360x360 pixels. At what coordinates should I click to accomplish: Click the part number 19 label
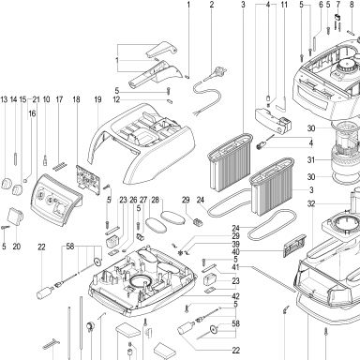[x=97, y=99]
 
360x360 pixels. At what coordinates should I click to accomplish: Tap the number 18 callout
[x=76, y=99]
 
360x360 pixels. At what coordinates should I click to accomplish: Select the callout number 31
[x=311, y=160]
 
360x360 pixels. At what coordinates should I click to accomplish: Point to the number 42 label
[x=235, y=296]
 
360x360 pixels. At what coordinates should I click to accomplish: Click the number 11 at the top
[x=284, y=5]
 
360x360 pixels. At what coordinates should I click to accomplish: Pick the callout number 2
[x=212, y=5]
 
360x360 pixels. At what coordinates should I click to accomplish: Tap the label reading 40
[x=235, y=252]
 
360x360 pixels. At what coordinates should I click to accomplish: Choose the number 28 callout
[x=156, y=200]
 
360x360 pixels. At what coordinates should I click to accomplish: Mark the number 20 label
[x=17, y=247]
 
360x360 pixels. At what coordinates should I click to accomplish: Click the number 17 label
[x=59, y=99]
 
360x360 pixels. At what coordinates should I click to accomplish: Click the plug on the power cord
[x=217, y=72]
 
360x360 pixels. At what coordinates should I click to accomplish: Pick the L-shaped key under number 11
[x=281, y=105]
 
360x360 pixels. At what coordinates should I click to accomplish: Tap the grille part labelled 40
[x=294, y=245]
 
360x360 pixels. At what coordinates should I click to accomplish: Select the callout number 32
[x=311, y=204]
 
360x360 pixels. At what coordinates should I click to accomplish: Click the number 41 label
[x=235, y=267]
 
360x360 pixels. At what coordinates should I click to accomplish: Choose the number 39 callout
[x=235, y=244]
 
